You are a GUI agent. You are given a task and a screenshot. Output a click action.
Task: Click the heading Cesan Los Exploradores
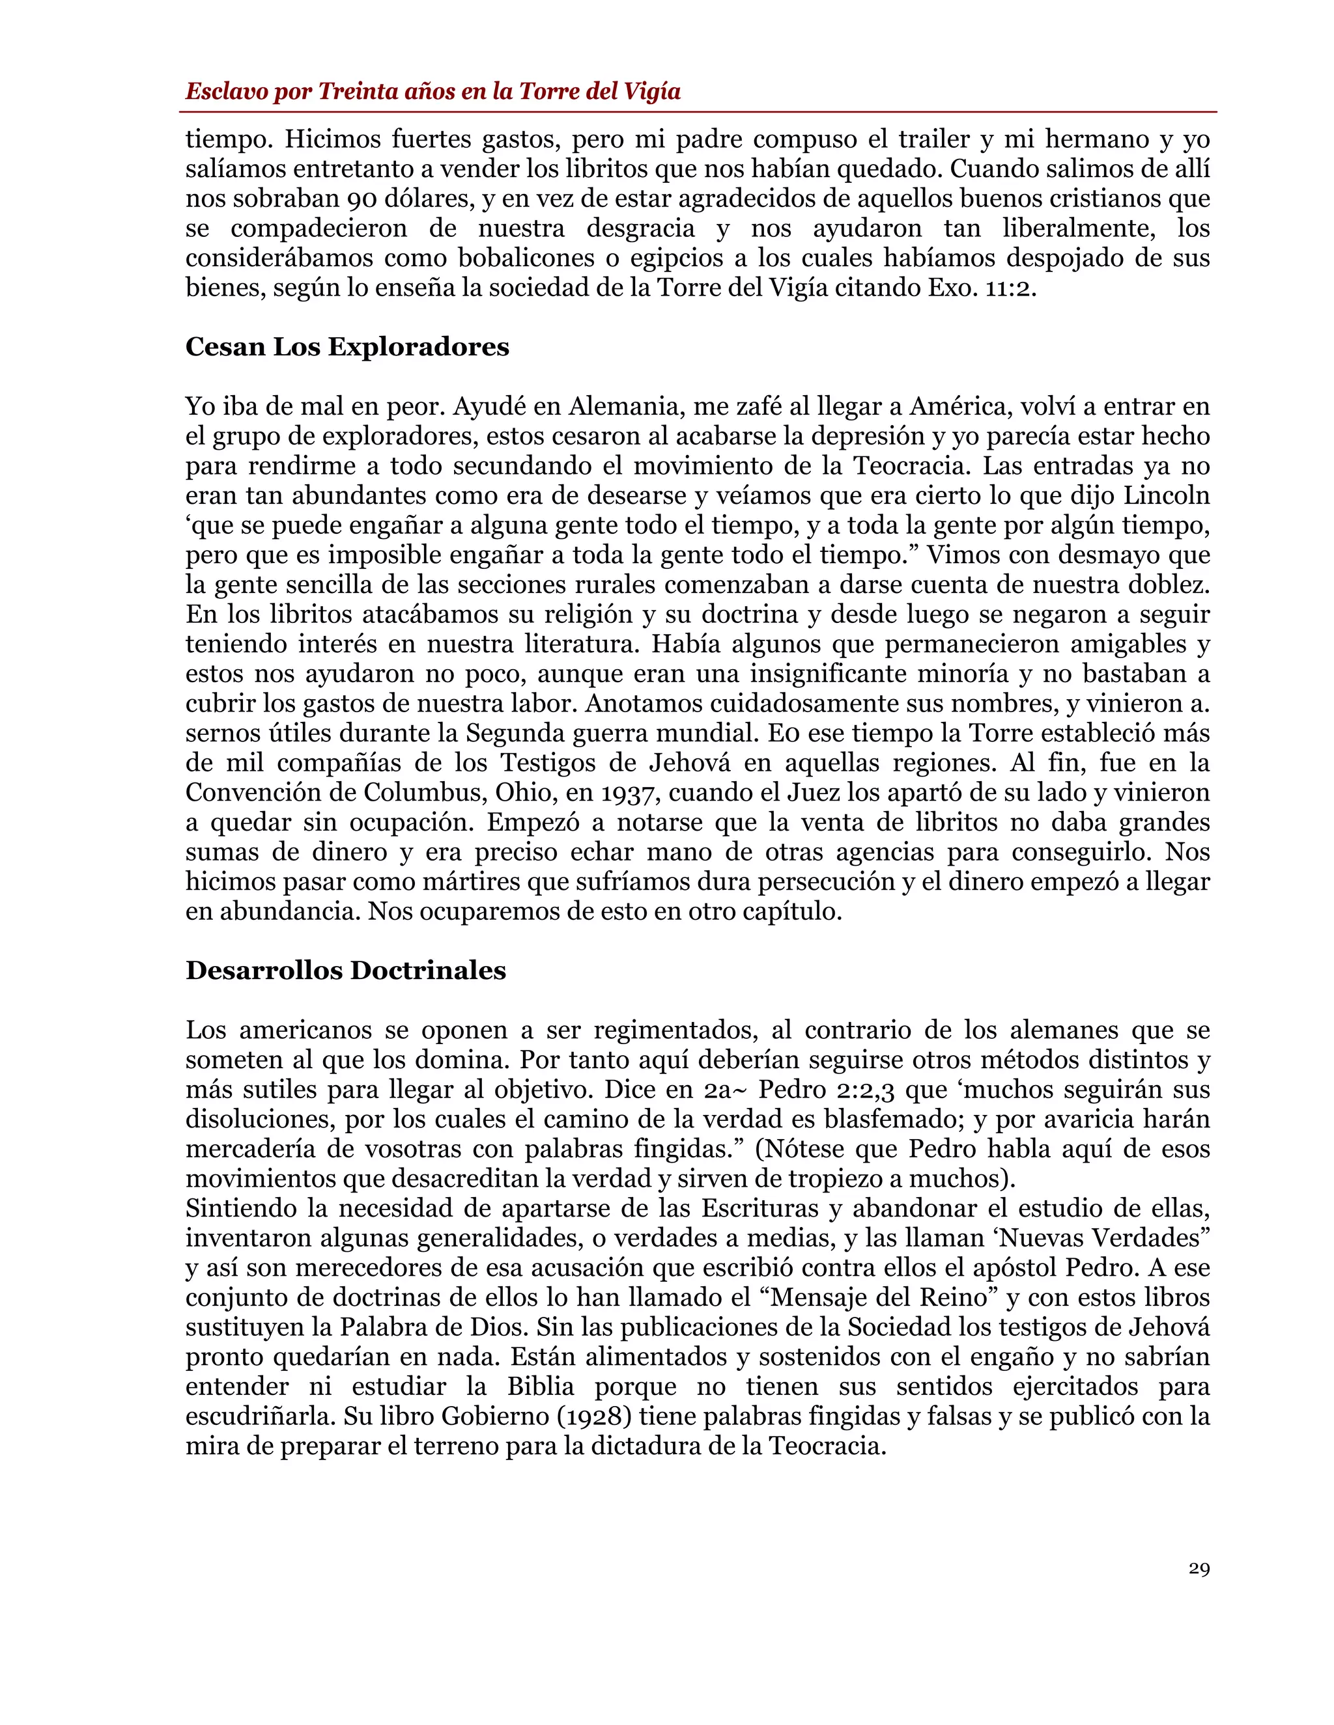[x=347, y=347]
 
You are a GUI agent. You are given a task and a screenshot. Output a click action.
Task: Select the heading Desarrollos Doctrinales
[x=345, y=970]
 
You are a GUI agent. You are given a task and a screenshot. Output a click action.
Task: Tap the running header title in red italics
[x=433, y=92]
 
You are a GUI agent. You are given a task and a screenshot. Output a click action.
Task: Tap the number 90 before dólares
[x=333, y=199]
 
